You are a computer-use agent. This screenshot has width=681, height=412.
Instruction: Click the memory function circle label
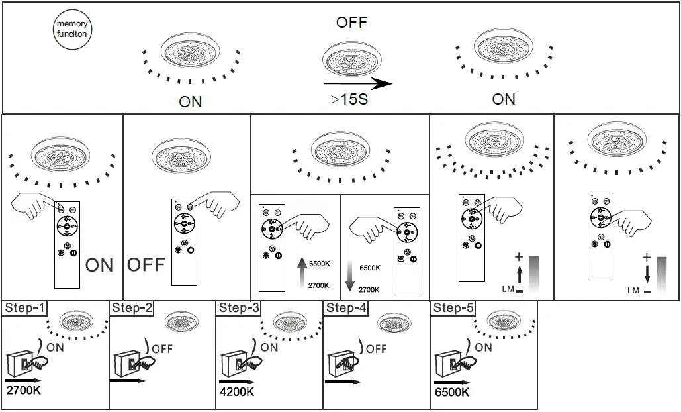[71, 29]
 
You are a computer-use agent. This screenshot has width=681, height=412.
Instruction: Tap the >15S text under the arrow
[349, 100]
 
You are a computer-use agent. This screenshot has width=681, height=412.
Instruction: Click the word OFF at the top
[351, 23]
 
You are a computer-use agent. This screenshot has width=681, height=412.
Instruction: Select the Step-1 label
[25, 307]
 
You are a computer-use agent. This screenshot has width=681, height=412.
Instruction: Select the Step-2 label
[132, 307]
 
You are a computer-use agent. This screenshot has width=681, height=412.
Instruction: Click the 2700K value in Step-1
[24, 391]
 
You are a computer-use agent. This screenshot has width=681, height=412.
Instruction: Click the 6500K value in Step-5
[453, 391]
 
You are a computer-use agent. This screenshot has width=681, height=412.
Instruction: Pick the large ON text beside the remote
[99, 266]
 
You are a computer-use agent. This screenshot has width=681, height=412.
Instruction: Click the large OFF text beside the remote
[146, 266]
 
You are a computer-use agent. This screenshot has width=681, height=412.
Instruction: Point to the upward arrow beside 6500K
[302, 272]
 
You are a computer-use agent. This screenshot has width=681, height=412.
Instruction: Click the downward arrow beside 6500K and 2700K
[351, 278]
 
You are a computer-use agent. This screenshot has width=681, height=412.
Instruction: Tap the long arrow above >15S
[357, 84]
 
